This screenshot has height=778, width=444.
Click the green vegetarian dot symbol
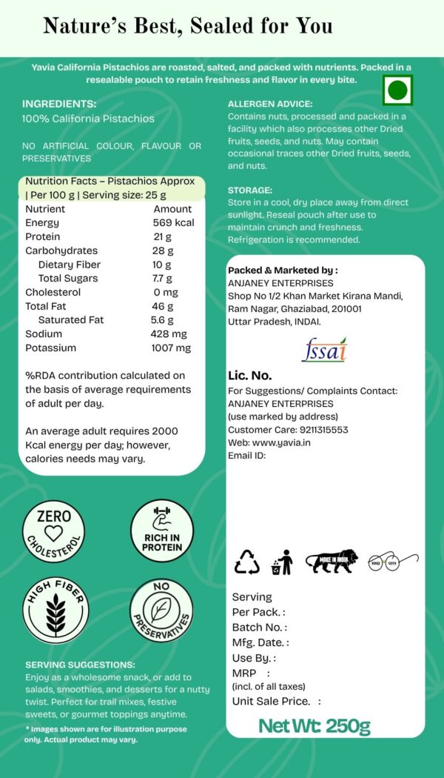coord(397,90)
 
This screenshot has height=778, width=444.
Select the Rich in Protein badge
coord(161,531)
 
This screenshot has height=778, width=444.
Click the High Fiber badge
coord(55,611)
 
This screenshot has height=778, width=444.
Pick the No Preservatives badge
coord(161,611)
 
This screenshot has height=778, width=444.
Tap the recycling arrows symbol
coord(247,562)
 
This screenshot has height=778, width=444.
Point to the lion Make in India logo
coord(332,561)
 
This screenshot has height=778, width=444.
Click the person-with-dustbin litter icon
coord(282,562)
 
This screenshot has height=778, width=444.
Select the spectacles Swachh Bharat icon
coord(393,561)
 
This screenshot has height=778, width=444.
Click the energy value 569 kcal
coord(173,223)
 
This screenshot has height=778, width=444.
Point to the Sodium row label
coord(44,334)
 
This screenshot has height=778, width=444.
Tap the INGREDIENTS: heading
coord(59,104)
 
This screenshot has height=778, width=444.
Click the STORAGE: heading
coord(250,190)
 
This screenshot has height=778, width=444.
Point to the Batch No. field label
coord(258,628)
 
